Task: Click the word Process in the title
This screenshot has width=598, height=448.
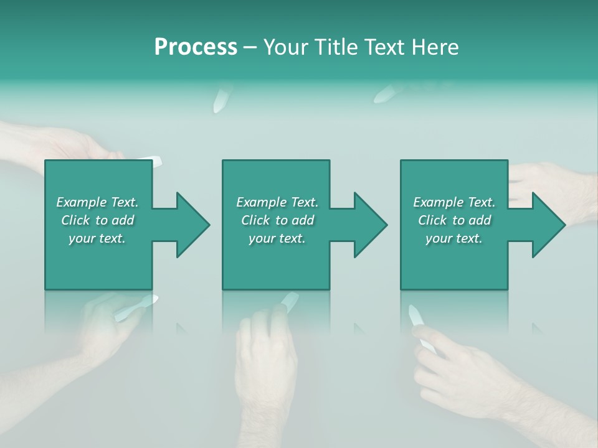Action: point(196,47)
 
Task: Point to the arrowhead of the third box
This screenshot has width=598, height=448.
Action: point(548,225)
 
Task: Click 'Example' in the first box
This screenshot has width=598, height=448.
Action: point(82,202)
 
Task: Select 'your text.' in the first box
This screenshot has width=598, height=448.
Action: point(97,238)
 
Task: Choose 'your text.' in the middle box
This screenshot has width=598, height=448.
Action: point(277,238)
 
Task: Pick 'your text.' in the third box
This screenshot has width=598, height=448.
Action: point(454,238)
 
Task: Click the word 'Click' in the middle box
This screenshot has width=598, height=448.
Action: point(255,220)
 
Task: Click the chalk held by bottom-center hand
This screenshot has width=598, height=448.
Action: point(289,301)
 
